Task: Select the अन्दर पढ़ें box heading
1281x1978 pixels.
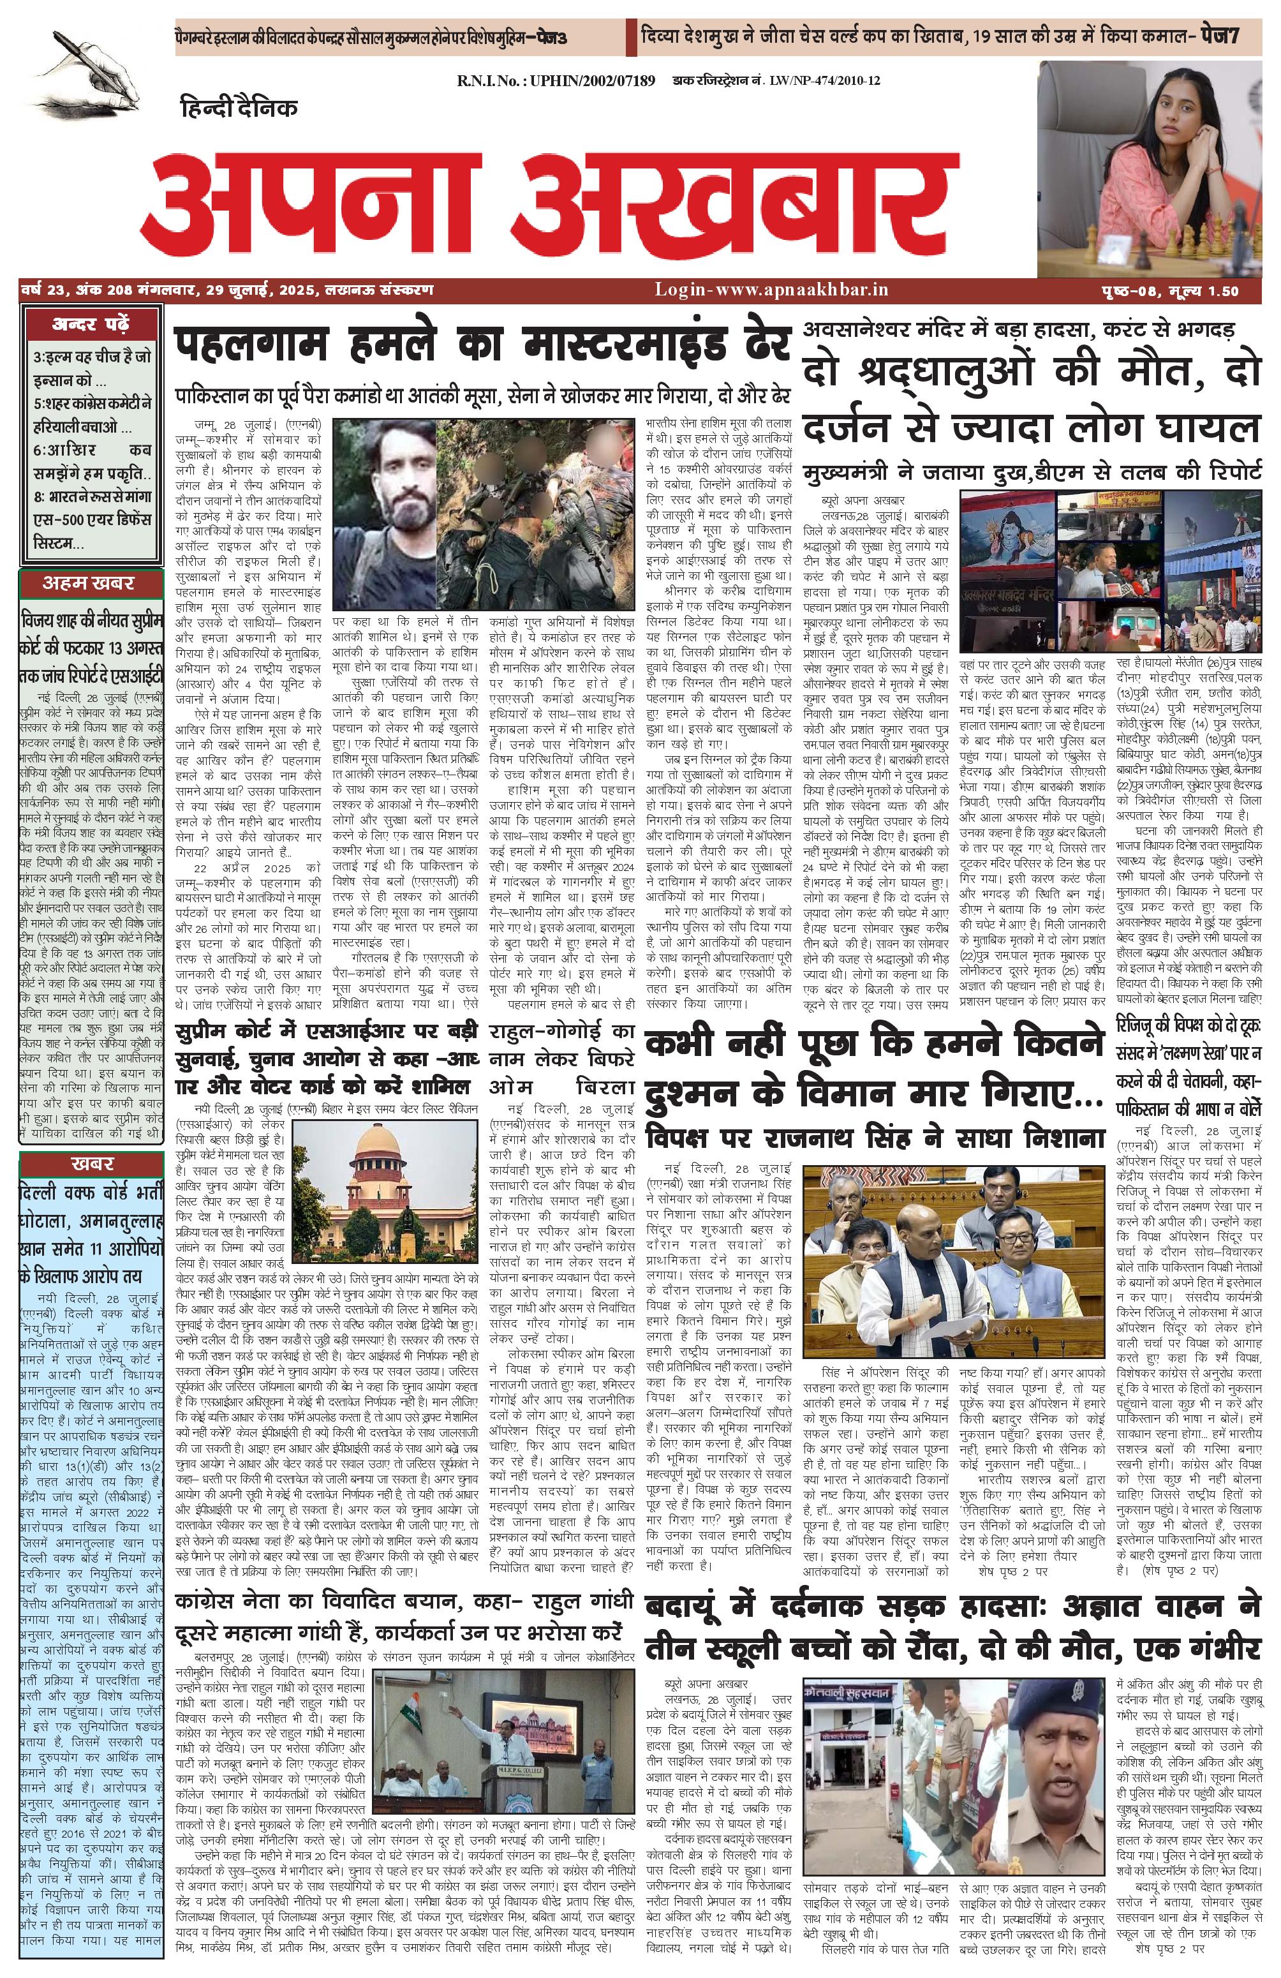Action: tap(91, 324)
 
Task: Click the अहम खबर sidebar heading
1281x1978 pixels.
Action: tap(91, 583)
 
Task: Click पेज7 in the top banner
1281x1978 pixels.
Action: tap(1234, 36)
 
